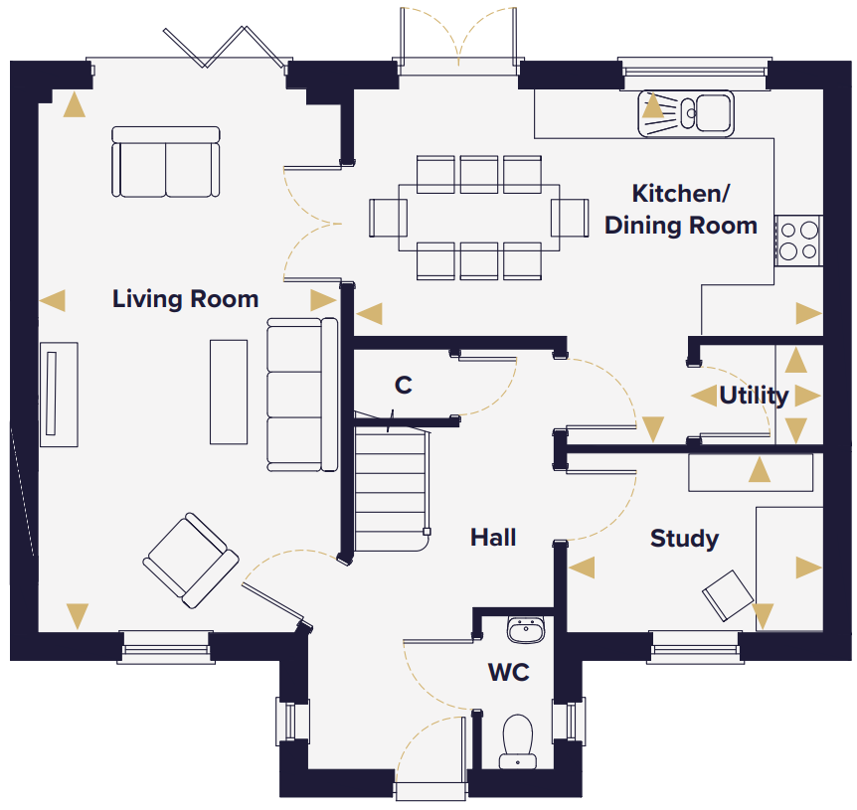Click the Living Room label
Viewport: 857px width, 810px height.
coord(185,299)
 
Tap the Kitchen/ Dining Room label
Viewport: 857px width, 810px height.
coord(680,210)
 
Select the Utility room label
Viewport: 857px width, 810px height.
coord(754,396)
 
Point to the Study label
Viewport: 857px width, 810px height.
coord(684,539)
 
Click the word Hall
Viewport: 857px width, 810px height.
coord(493,538)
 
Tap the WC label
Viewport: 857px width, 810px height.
coord(509,673)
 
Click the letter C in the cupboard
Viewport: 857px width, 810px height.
coord(404,385)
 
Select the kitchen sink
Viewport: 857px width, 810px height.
coord(686,113)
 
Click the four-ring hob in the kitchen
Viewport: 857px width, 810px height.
coord(798,241)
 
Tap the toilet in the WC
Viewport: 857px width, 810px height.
coord(518,741)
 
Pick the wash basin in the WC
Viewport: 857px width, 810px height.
coord(526,630)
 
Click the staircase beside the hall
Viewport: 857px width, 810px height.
coord(392,488)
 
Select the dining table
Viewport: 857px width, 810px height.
coord(479,218)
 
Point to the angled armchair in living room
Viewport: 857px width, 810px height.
coord(191,561)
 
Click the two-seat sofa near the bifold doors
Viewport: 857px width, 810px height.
coord(166,162)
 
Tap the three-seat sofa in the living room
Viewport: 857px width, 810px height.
coord(302,395)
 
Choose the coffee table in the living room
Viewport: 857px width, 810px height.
coord(229,393)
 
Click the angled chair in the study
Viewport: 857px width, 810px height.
coord(728,595)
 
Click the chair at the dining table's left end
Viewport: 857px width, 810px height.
coord(388,218)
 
